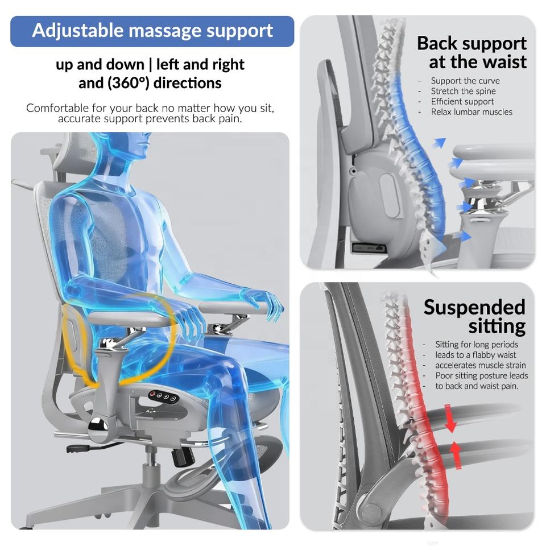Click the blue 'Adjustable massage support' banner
pyautogui.click(x=152, y=31)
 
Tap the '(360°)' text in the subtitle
pyautogui.click(x=127, y=83)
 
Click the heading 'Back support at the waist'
pyautogui.click(x=471, y=52)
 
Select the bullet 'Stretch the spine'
pyautogui.click(x=463, y=91)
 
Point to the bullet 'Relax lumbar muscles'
pyautogui.click(x=471, y=112)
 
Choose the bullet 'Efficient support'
pyautogui.click(x=462, y=102)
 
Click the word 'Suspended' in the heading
pyautogui.click(x=474, y=307)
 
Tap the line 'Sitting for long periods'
pyautogui.click(x=477, y=344)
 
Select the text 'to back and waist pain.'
pyautogui.click(x=477, y=386)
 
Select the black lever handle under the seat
pyautogui.click(x=80, y=448)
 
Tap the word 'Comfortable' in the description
pyautogui.click(x=57, y=108)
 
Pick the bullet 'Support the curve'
pyautogui.click(x=465, y=81)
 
